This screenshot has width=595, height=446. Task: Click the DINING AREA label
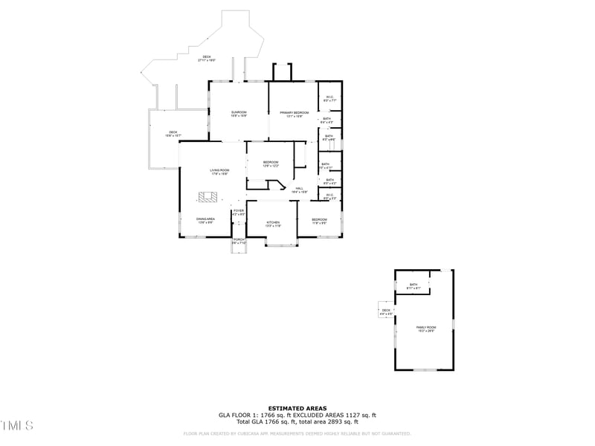pos(206,220)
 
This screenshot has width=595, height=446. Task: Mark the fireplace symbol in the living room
pos(208,197)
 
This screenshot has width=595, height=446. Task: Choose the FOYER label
pos(238,212)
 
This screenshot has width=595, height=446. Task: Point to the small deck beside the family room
pos(386,311)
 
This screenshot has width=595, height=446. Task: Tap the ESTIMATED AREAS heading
pos(297,408)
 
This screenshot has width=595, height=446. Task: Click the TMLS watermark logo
pos(16,426)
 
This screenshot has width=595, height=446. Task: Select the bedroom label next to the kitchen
pos(319,221)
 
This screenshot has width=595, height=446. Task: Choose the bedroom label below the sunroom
pos(271,164)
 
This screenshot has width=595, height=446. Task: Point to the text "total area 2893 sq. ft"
pos(332,421)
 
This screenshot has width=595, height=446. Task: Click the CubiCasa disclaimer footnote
pos(297,433)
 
